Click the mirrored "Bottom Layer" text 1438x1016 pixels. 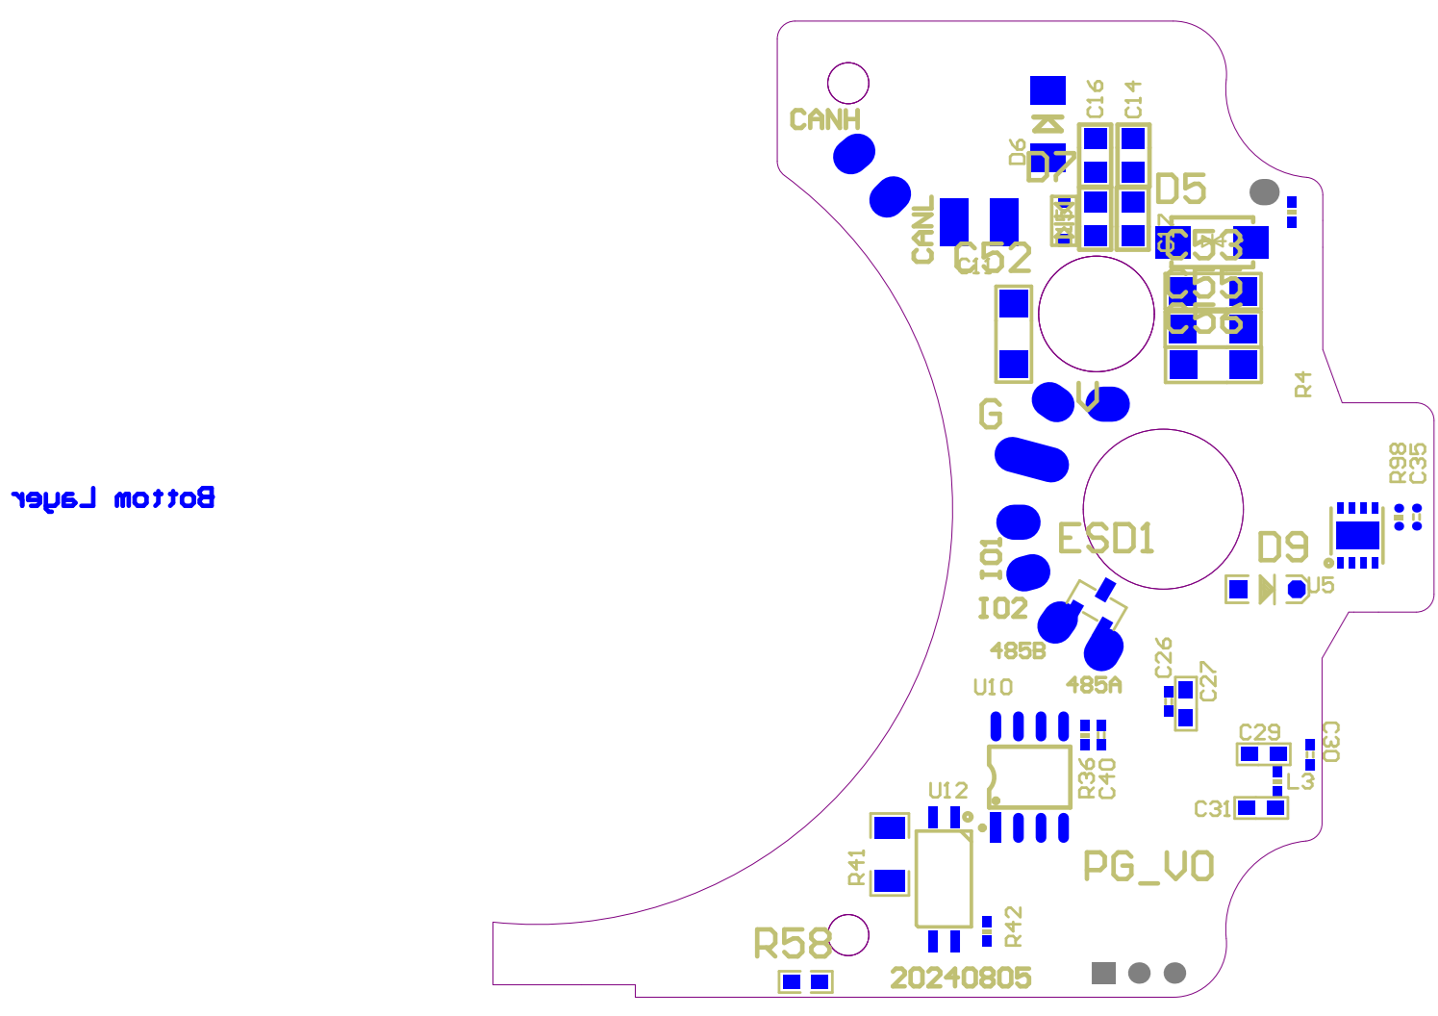(113, 498)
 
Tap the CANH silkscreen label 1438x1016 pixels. (824, 120)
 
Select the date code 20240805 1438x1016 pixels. (960, 978)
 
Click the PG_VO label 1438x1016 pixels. (1148, 867)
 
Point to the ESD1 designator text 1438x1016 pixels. (1105, 539)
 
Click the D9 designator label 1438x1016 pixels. (1283, 547)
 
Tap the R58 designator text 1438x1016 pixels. (792, 944)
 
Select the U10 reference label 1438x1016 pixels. (993, 687)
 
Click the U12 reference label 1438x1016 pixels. (947, 791)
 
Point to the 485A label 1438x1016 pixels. (1094, 685)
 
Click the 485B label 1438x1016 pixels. (1018, 651)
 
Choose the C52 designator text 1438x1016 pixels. (993, 258)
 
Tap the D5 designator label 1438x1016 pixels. (1180, 190)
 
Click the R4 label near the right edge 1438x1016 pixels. (1303, 384)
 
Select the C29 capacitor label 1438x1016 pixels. (1259, 732)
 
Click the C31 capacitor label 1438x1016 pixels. (1212, 809)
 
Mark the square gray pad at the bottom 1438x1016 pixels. (1103, 973)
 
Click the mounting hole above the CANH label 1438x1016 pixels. (848, 84)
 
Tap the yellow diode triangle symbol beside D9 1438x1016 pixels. (1266, 589)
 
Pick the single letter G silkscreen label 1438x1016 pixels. (990, 415)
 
